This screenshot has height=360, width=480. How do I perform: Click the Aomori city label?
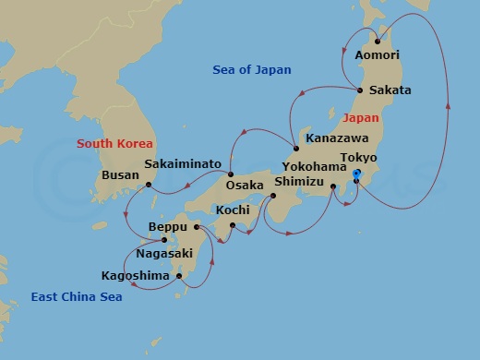tap(378, 55)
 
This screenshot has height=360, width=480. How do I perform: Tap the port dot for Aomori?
tap(377, 41)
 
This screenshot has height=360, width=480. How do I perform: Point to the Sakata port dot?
tap(359, 90)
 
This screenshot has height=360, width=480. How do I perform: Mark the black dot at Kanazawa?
tap(295, 150)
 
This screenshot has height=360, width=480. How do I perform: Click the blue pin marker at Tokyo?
tap(357, 174)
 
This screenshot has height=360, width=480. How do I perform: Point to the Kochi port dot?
tap(233, 225)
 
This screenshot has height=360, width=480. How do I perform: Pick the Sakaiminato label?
tap(183, 164)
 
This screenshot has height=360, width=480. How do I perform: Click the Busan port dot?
tap(148, 185)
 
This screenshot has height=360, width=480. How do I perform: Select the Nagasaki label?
tap(164, 252)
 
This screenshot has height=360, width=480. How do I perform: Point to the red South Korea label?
tap(114, 143)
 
